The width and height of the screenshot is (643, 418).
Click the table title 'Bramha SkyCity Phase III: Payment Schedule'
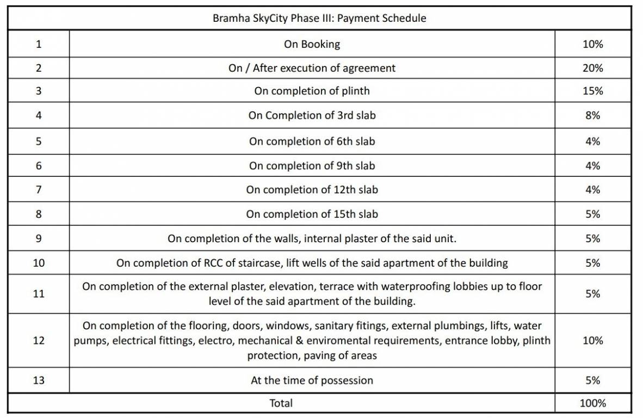[x=319, y=18]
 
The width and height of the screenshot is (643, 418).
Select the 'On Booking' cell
[x=312, y=44]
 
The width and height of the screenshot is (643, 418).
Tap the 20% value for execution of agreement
[x=592, y=68]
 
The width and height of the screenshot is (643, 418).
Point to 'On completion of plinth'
[x=312, y=91]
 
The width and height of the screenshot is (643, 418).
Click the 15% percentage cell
[x=592, y=91]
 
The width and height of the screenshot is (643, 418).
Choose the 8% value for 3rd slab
[x=592, y=115]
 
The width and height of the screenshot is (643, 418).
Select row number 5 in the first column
[x=39, y=142]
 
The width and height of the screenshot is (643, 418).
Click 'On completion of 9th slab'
[x=312, y=165]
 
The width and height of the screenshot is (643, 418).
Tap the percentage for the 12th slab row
[x=592, y=190]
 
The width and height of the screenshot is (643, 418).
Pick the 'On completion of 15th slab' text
[x=312, y=214]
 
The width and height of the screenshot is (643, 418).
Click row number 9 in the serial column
[x=39, y=238]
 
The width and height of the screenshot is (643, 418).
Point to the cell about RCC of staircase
[x=312, y=263]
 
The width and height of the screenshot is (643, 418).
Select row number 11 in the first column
[x=39, y=294]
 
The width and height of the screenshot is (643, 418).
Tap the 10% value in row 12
[x=592, y=341]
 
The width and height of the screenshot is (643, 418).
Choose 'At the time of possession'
[x=312, y=380]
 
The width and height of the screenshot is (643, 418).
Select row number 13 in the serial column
[x=39, y=380]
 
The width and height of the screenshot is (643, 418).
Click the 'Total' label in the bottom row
[x=281, y=403]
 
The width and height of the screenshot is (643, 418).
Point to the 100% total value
[x=592, y=403]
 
